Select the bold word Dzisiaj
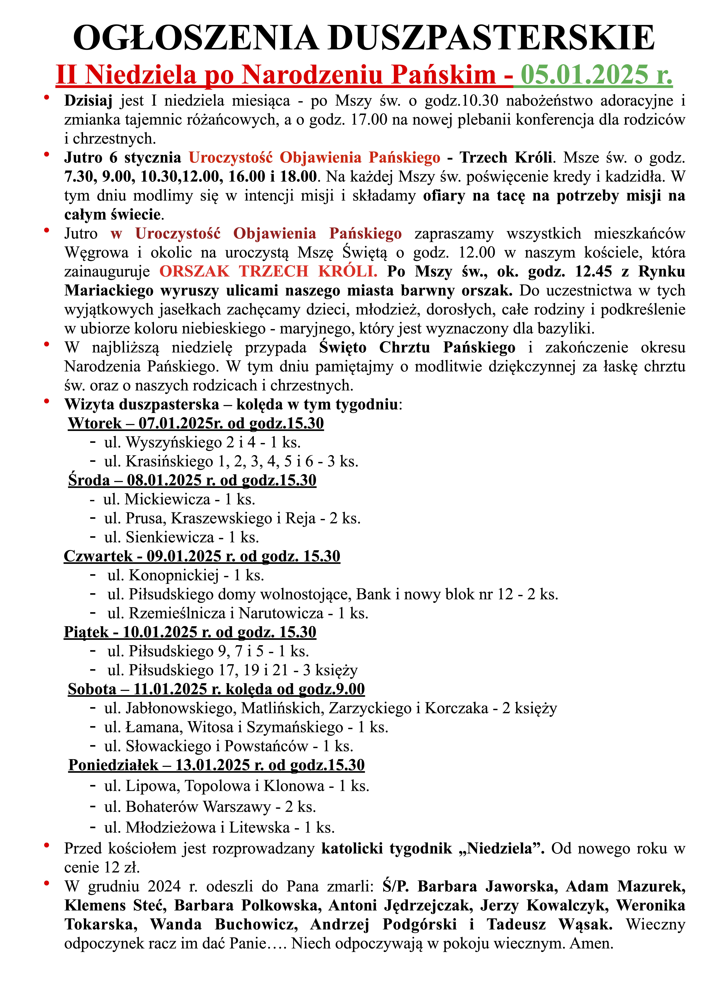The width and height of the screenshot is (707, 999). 88,101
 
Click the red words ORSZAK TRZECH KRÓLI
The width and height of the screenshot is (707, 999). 268,272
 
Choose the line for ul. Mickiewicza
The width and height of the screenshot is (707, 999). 179,499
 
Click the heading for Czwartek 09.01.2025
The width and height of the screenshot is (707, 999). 202,556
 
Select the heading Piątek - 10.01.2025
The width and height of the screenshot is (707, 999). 190,632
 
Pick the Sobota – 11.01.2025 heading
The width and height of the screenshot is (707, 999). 216,689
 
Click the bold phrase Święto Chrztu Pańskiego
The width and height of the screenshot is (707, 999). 417,348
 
